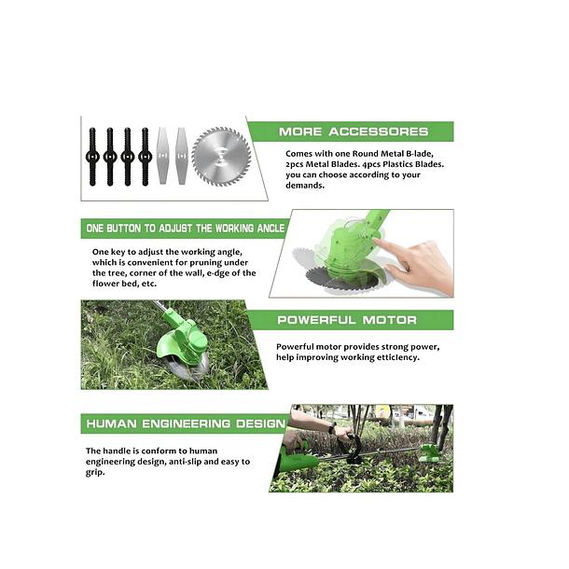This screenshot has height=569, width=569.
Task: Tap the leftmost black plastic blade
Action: [x=92, y=157]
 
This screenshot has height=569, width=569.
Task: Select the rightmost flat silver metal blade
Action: [x=182, y=156]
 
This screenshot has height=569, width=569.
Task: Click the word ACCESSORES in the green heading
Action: [x=379, y=132]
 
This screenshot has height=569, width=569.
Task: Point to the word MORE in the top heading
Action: [x=300, y=132]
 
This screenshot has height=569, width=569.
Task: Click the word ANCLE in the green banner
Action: [x=271, y=229]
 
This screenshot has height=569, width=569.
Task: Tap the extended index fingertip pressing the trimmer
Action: [x=376, y=241]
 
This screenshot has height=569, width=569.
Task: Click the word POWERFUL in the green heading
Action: [x=316, y=320]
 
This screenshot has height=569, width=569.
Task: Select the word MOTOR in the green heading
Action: [x=389, y=320]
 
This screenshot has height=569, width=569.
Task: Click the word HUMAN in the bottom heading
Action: [x=111, y=423]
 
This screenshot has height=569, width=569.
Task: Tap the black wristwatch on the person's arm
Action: [x=332, y=428]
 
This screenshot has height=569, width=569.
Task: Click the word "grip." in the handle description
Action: [x=95, y=473]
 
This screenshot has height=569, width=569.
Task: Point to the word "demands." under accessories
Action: [x=305, y=186]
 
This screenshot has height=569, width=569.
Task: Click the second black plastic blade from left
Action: [x=110, y=157]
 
